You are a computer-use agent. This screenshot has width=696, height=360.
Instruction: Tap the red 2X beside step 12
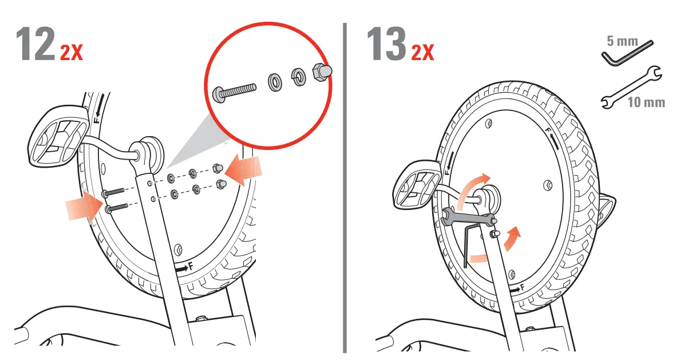(x=72, y=53)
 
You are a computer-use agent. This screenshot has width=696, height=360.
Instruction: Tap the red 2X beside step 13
(x=422, y=53)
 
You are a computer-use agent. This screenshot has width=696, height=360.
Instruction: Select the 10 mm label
(x=646, y=102)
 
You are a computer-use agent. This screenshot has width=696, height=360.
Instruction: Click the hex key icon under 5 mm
(x=627, y=53)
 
